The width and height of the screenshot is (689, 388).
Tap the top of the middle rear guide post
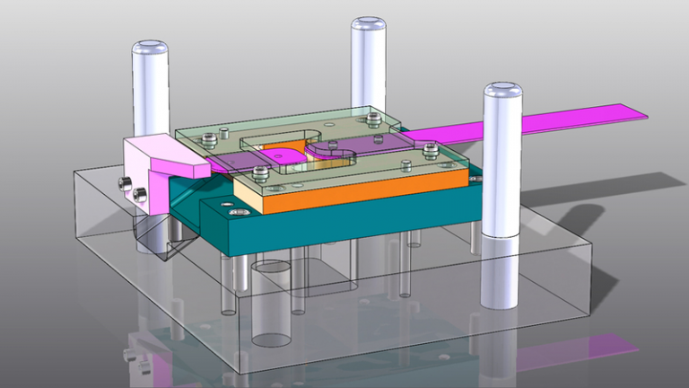pos(368,24)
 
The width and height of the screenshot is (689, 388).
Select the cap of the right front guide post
pos(502,91)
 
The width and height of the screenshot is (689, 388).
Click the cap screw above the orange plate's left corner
pos(260,172)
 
